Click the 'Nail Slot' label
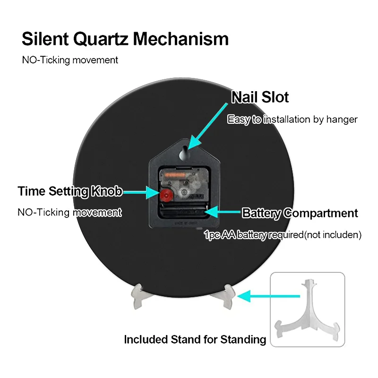tap(260, 97)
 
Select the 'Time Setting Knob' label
tap(70, 191)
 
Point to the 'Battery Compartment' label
tap(300, 213)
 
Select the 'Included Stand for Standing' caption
tap(195, 339)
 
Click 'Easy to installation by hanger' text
tap(292, 120)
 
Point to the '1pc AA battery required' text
tap(283, 234)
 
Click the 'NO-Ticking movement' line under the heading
tap(70, 60)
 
